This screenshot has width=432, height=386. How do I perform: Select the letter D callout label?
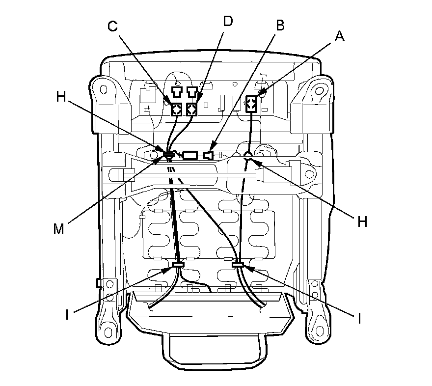228,21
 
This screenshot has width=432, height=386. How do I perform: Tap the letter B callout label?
280,26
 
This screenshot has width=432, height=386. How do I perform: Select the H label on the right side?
362,221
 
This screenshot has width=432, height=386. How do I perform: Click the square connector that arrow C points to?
177,109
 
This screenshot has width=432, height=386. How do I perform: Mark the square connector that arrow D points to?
192,109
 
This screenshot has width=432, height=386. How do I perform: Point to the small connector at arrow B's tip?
210,156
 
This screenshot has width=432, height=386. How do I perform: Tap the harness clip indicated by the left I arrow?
178,265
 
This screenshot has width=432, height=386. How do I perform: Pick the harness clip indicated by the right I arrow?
238,265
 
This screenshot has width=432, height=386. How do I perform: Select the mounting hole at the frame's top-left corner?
103,90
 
